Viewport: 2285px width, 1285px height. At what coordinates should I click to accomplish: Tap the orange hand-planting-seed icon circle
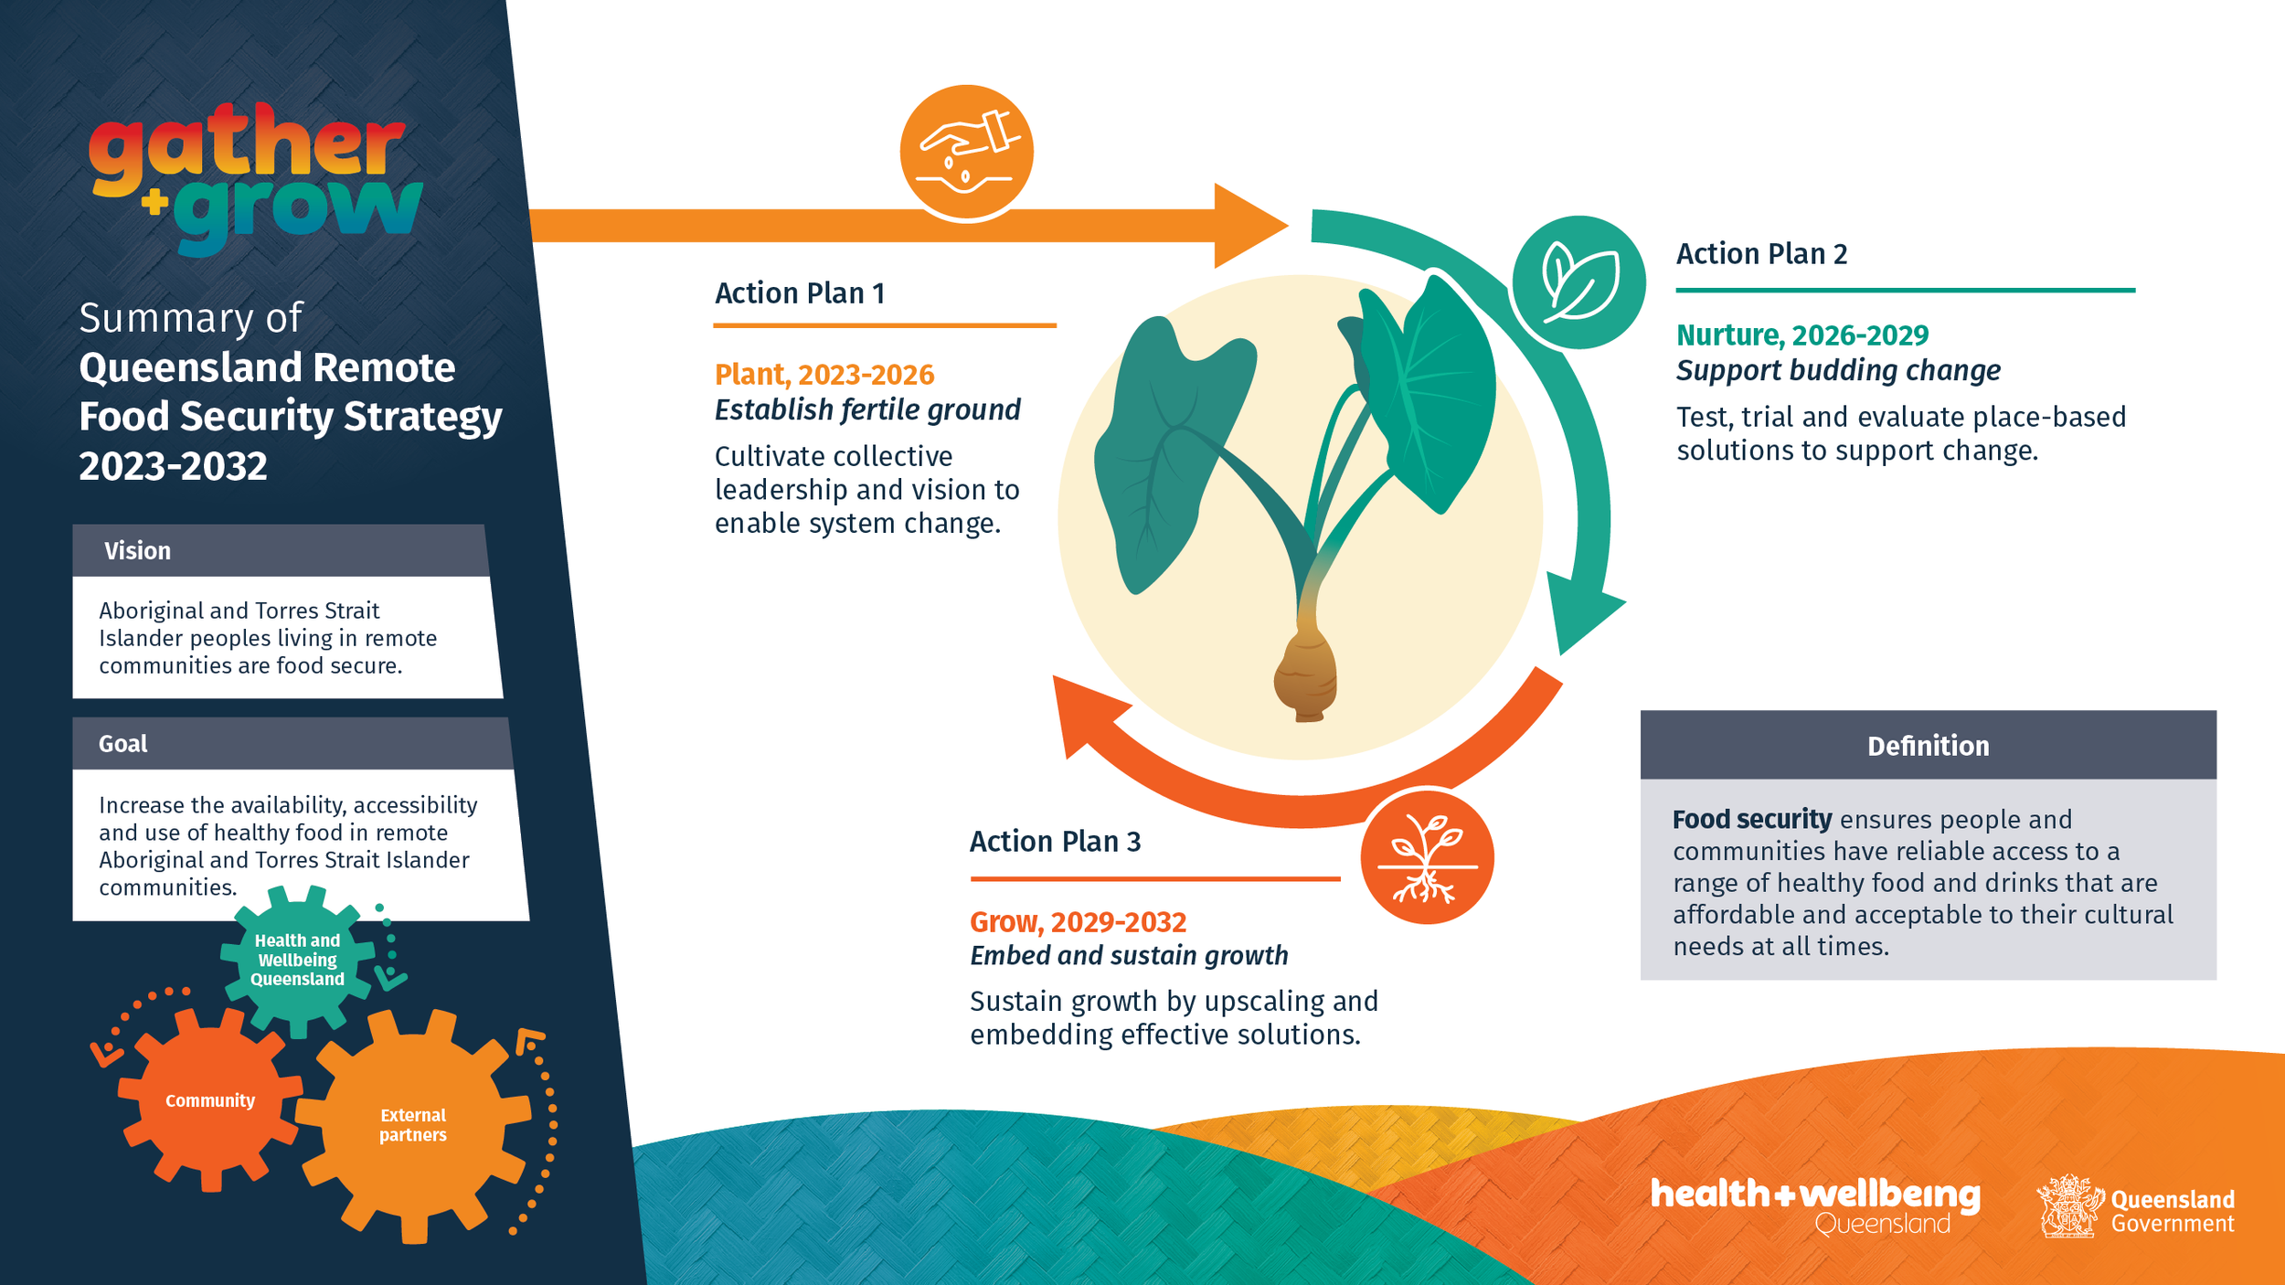966,152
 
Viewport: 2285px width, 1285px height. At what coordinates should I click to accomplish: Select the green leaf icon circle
1578,282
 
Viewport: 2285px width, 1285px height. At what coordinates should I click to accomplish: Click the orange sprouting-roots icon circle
1427,857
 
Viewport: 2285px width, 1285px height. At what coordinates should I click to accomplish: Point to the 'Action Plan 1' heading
799,293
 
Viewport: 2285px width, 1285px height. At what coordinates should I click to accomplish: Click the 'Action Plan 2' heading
1761,254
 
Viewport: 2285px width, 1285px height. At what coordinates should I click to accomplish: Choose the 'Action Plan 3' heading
1055,842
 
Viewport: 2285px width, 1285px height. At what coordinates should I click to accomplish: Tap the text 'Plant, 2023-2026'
824,375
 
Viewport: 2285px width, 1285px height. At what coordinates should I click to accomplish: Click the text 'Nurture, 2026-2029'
1801,335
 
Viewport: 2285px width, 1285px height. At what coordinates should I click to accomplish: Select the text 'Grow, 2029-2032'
1078,922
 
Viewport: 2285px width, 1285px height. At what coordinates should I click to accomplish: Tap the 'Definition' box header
1928,746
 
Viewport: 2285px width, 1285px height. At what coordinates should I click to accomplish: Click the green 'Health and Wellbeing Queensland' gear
297,960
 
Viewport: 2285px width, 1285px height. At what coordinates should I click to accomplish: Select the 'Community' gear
210,1100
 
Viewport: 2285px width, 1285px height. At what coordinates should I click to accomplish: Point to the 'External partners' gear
413,1125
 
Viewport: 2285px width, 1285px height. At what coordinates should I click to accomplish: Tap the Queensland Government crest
2067,1206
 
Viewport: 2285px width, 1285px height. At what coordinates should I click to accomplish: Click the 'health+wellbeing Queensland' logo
1814,1205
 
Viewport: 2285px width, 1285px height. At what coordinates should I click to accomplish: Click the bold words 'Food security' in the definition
1751,820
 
